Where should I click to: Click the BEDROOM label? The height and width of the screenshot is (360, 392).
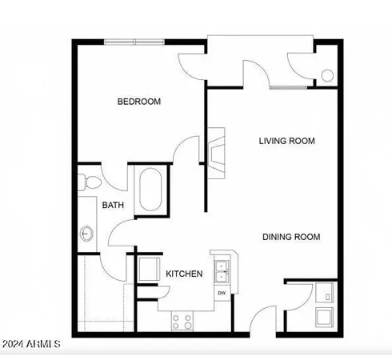[x=139, y=102]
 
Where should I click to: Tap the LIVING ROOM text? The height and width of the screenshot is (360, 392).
[x=286, y=141]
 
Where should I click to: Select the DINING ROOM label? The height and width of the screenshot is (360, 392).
[x=292, y=237]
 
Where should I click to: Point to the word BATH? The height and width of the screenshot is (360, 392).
[x=113, y=206]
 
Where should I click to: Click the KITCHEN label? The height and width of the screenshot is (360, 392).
[x=184, y=274]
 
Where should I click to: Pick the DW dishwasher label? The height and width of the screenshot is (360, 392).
[x=221, y=292]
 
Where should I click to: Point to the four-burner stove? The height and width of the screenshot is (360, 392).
[x=182, y=322]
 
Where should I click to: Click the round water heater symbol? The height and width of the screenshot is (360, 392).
[x=326, y=76]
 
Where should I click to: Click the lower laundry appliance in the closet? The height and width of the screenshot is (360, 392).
[x=325, y=318]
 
